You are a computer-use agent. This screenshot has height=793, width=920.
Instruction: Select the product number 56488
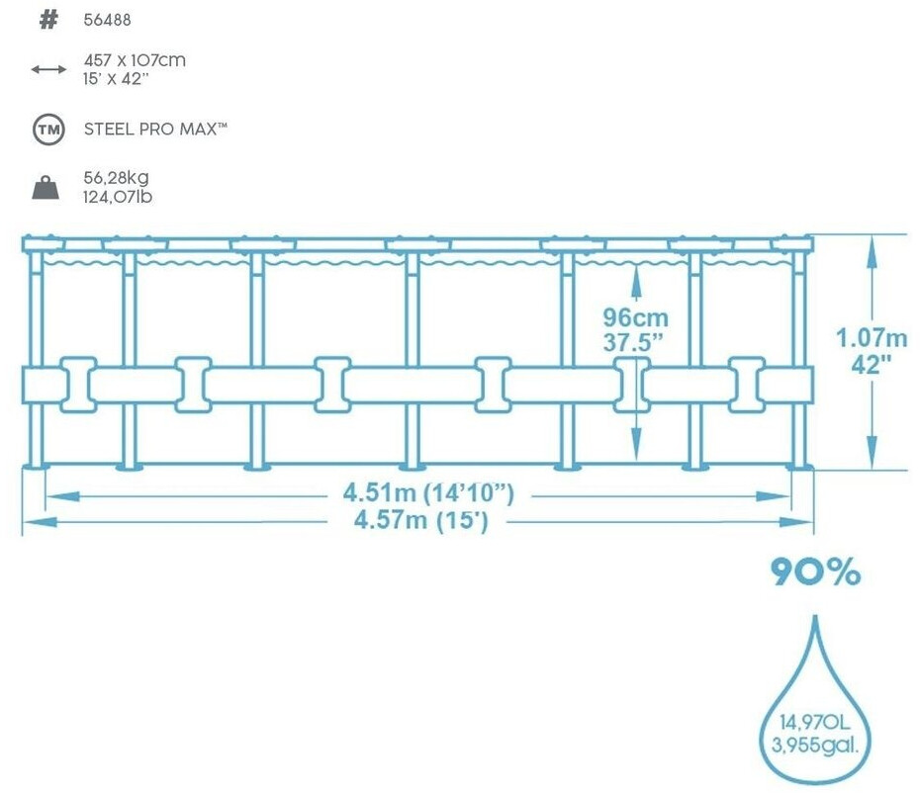(x=108, y=21)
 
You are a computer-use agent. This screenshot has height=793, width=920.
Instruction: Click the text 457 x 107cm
(x=135, y=60)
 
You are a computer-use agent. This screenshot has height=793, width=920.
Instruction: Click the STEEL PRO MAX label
(x=156, y=129)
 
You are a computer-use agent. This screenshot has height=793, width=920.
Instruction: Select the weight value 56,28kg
(x=117, y=178)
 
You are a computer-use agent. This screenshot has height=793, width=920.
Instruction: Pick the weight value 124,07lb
(x=118, y=196)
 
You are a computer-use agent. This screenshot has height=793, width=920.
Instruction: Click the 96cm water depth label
(x=636, y=318)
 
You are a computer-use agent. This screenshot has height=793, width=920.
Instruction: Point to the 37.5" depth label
(x=636, y=342)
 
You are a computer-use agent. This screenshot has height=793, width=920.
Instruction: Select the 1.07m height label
(x=872, y=338)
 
